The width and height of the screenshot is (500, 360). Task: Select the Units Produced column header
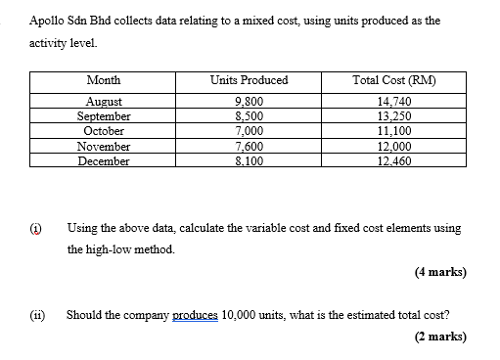[249, 79]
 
